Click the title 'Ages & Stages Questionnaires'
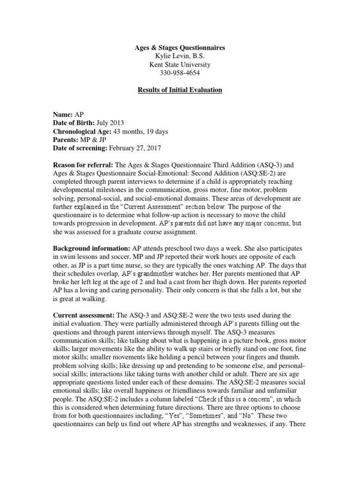(x=180, y=48)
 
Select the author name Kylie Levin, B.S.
(x=180, y=56)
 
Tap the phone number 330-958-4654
(x=180, y=73)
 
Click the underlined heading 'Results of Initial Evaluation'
(x=180, y=90)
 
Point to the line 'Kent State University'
(x=180, y=65)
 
